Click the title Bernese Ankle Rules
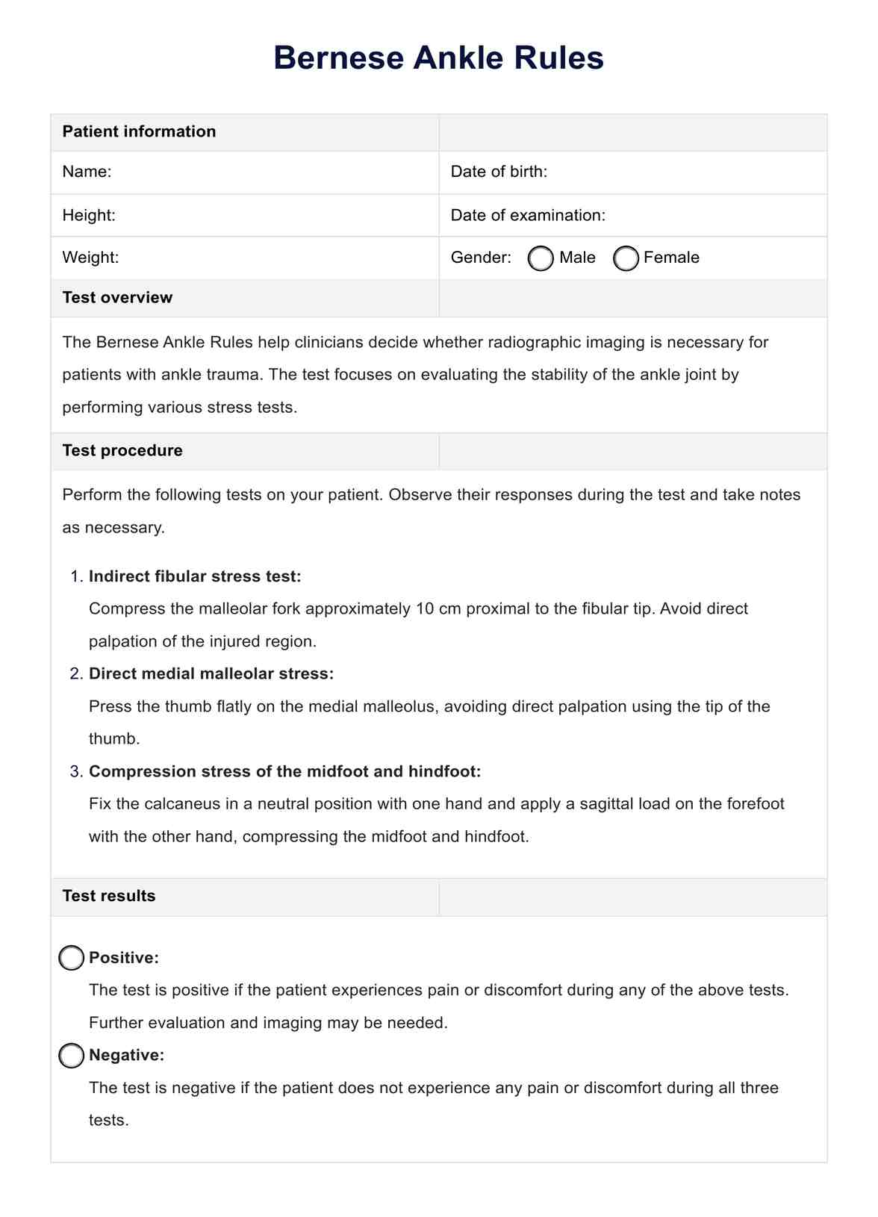tap(438, 58)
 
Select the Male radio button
tap(541, 258)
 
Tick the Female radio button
tap(626, 258)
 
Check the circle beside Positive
tap(72, 958)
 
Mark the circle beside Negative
tap(72, 1056)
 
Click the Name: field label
tap(87, 172)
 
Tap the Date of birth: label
tap(499, 172)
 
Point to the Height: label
tap(89, 215)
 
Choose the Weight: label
tap(90, 258)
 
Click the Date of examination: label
tap(528, 215)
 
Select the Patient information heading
tap(139, 131)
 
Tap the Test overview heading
tap(117, 297)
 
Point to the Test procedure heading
tap(122, 450)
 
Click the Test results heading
tap(109, 896)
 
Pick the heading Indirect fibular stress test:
tap(195, 576)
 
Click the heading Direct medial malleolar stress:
tap(211, 673)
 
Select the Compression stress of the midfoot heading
tap(284, 771)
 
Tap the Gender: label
tap(481, 258)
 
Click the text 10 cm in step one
tap(437, 608)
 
